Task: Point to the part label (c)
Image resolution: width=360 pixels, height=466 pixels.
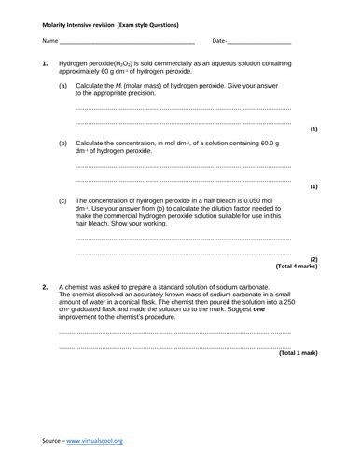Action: point(63,201)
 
